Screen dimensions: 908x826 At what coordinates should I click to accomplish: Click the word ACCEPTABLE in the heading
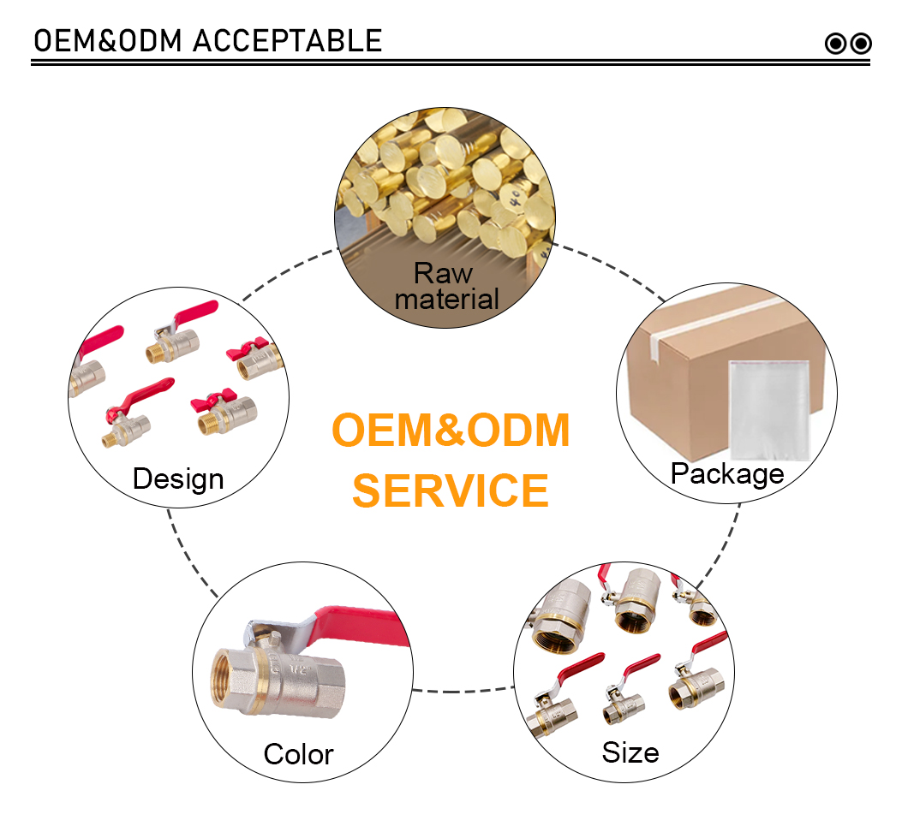pyautogui.click(x=287, y=41)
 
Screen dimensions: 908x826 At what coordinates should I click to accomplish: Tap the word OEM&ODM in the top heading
pyautogui.click(x=108, y=41)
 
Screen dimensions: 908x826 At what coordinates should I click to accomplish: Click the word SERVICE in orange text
pyautogui.click(x=451, y=490)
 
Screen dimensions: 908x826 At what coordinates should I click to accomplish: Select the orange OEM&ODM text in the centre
pyautogui.click(x=451, y=430)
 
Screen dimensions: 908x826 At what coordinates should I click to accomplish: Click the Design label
pyautogui.click(x=178, y=480)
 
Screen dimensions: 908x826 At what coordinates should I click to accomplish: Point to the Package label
pyautogui.click(x=727, y=475)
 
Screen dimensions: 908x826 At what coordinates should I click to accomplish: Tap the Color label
pyautogui.click(x=299, y=755)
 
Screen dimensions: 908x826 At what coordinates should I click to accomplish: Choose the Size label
pyautogui.click(x=630, y=753)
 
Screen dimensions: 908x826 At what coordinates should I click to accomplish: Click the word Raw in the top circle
pyautogui.click(x=443, y=273)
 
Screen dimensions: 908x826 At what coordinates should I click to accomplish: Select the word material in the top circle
pyautogui.click(x=446, y=300)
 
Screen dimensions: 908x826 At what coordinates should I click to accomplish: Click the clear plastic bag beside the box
pyautogui.click(x=769, y=410)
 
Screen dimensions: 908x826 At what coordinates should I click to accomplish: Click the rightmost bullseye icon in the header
pyautogui.click(x=861, y=44)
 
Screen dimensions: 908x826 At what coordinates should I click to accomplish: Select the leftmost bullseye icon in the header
pyautogui.click(x=835, y=44)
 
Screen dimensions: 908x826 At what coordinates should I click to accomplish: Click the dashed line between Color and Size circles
pyautogui.click(x=463, y=691)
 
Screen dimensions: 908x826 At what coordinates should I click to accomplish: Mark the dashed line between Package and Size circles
pyautogui.click(x=722, y=549)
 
